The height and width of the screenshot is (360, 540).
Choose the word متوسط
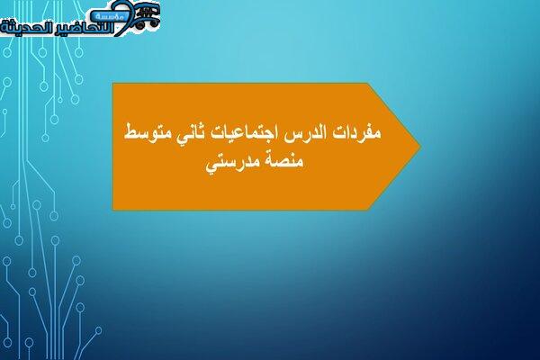(x=146, y=132)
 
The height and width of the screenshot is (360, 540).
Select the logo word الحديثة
(x=23, y=28)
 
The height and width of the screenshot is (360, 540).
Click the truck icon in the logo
(x=148, y=16)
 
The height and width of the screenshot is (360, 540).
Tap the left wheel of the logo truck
(x=139, y=25)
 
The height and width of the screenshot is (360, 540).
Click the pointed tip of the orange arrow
(x=420, y=146)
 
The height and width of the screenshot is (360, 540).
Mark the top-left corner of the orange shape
(x=113, y=83)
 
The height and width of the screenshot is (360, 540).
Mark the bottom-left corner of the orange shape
(x=113, y=209)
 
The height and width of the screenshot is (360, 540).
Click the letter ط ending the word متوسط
(x=130, y=132)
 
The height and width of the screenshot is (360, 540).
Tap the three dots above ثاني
(x=198, y=125)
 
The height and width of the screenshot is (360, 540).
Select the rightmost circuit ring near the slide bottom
(x=99, y=330)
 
